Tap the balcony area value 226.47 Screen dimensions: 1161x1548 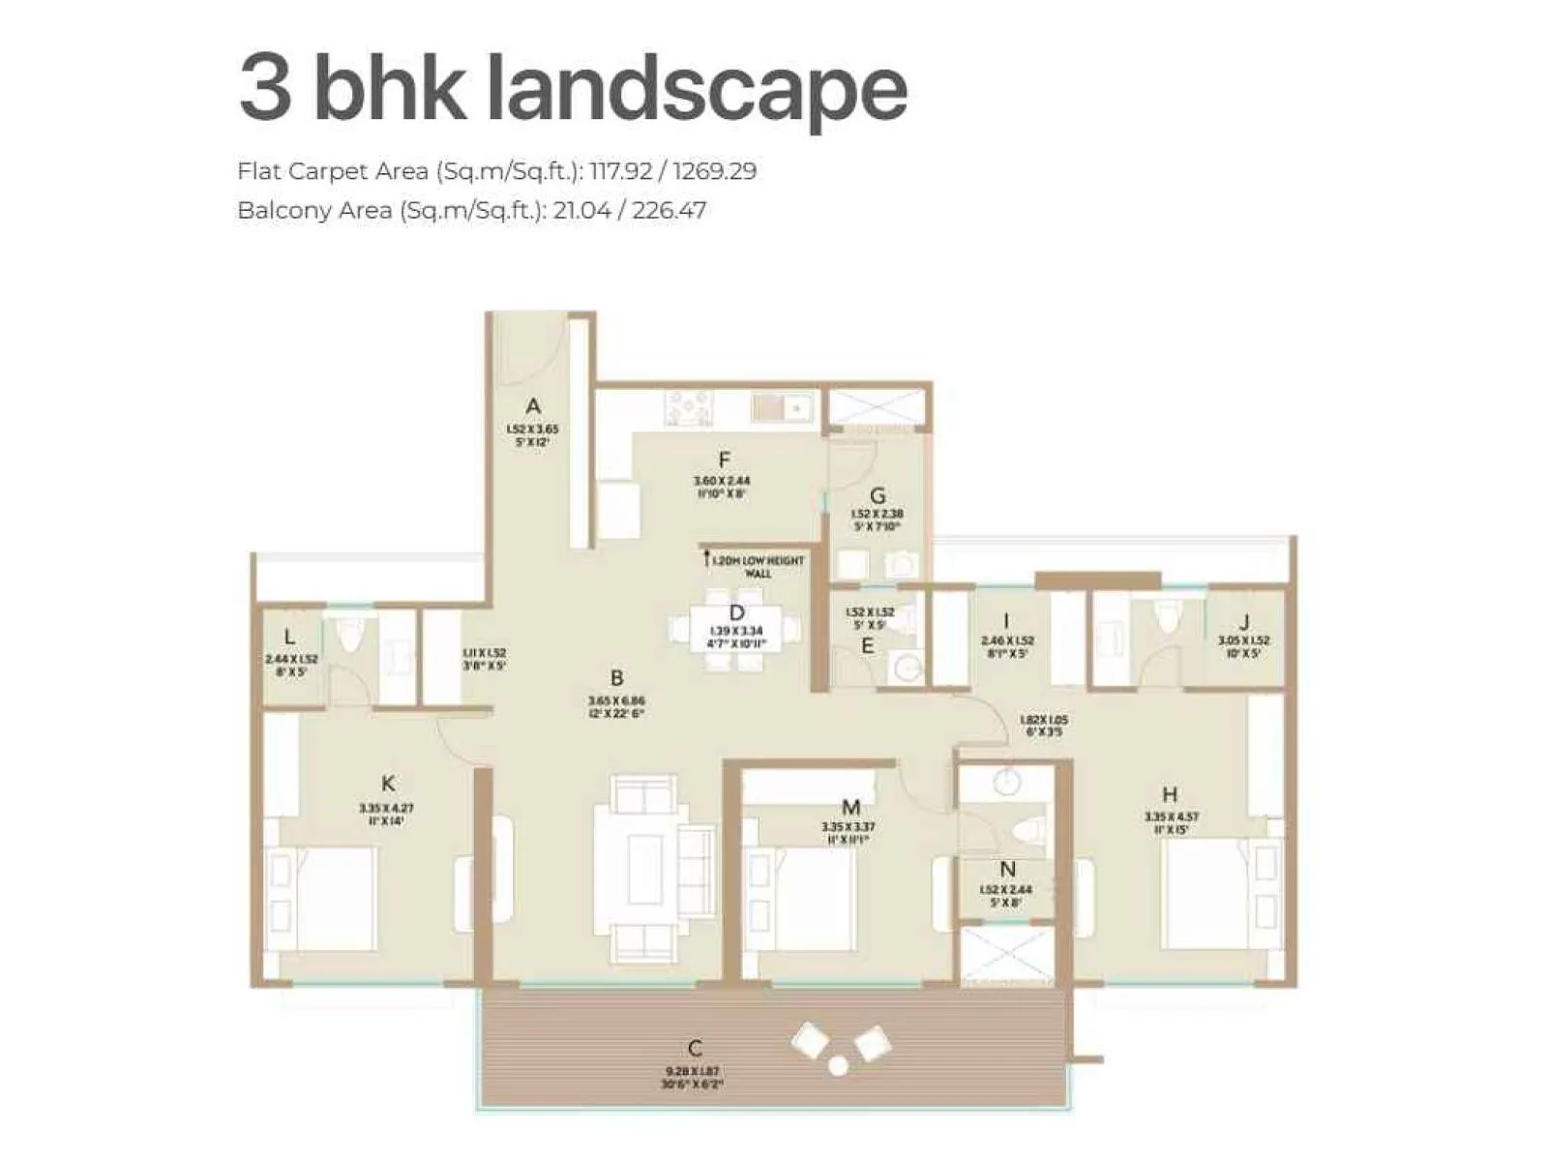point(669,210)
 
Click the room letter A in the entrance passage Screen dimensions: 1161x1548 point(532,406)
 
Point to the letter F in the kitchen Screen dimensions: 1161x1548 point(724,461)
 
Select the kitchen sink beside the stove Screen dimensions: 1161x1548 point(782,407)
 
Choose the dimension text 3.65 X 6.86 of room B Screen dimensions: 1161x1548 point(616,700)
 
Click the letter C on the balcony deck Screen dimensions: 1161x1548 point(695,1049)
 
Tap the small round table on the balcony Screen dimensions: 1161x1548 point(838,1065)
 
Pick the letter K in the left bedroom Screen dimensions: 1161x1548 point(388,784)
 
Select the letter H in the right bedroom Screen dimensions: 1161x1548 point(1170,795)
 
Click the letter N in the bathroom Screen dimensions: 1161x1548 point(1008,870)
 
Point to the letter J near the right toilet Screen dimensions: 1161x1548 point(1244,622)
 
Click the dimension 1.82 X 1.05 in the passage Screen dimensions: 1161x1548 point(1044,721)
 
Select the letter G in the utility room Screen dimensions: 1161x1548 point(878,496)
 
